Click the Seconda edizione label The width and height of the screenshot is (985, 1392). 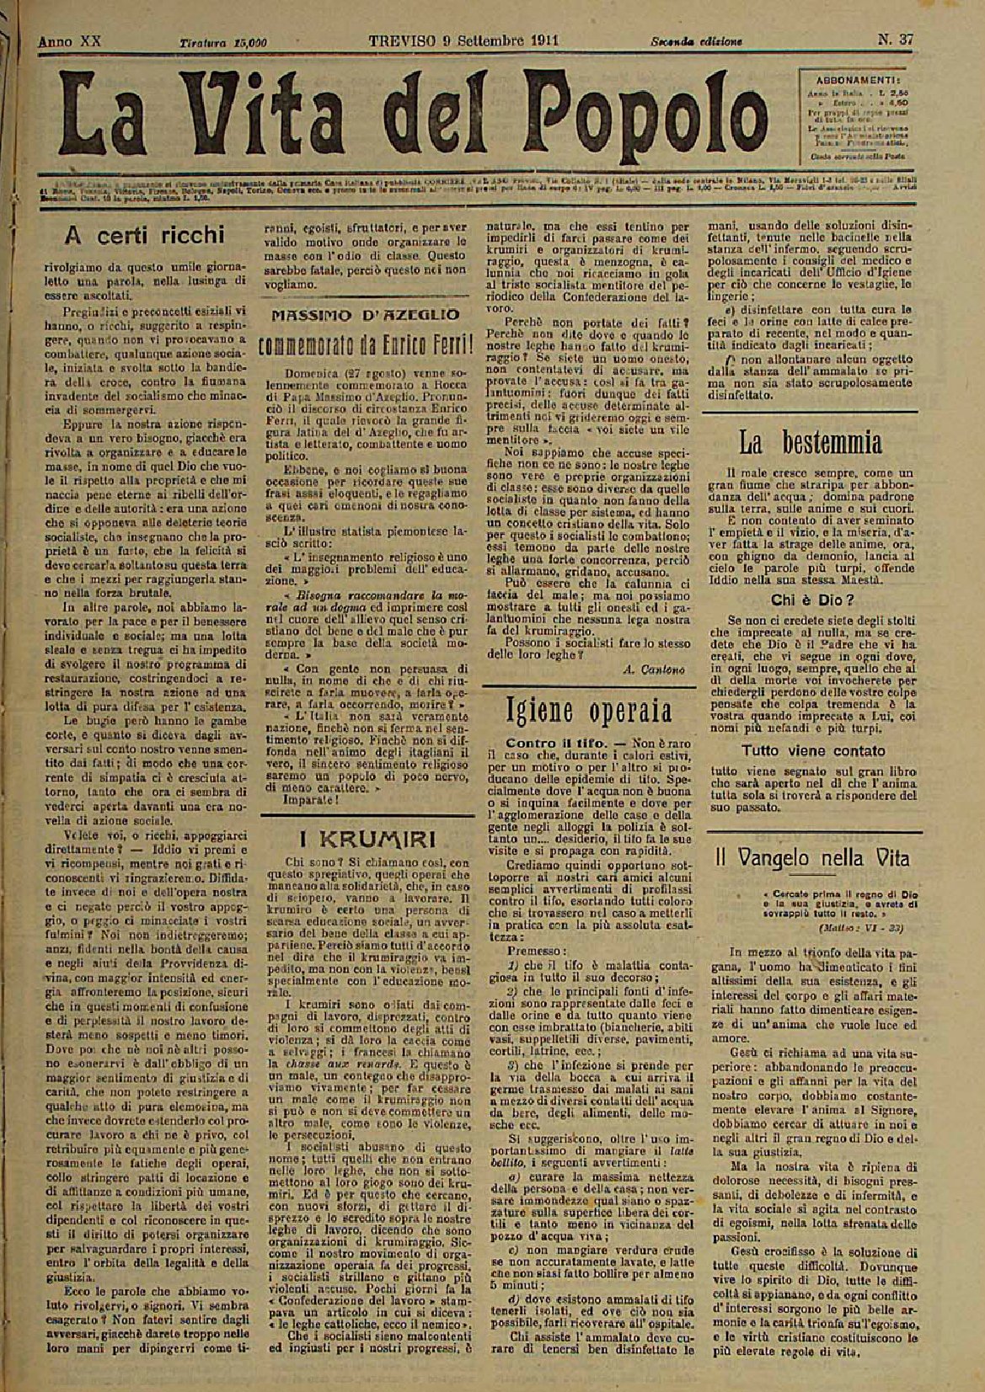coord(696,41)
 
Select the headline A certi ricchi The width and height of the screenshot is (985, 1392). coord(146,233)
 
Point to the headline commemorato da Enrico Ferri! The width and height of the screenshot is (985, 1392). coord(364,346)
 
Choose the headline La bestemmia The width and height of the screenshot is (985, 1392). coord(811,442)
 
